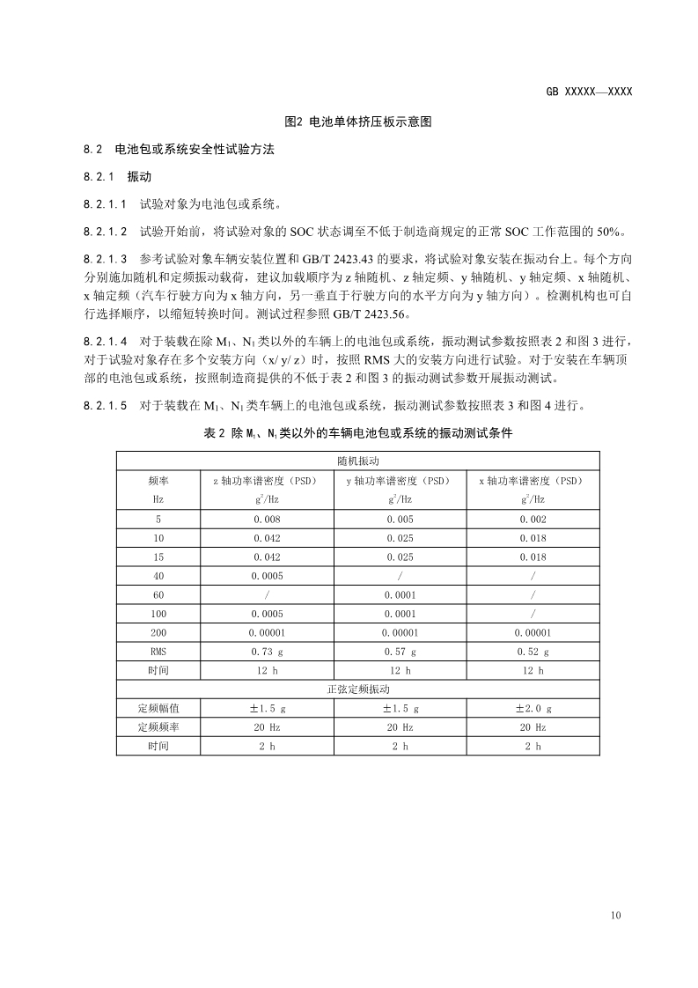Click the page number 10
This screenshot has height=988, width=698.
(x=615, y=916)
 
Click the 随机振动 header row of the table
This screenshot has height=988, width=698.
(x=357, y=461)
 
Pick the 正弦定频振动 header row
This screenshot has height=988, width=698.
(x=357, y=689)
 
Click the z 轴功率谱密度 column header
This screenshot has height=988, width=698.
(x=267, y=481)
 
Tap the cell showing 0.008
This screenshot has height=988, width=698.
(x=267, y=520)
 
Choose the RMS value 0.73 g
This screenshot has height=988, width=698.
(x=267, y=652)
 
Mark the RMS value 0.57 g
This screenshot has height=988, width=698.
(x=400, y=652)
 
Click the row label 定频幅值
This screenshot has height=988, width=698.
(x=158, y=708)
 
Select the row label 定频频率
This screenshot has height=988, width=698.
(x=158, y=727)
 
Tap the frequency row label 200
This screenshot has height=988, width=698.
(x=158, y=632)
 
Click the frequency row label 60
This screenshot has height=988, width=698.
(x=158, y=595)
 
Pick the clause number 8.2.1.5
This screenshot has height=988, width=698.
(x=106, y=406)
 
